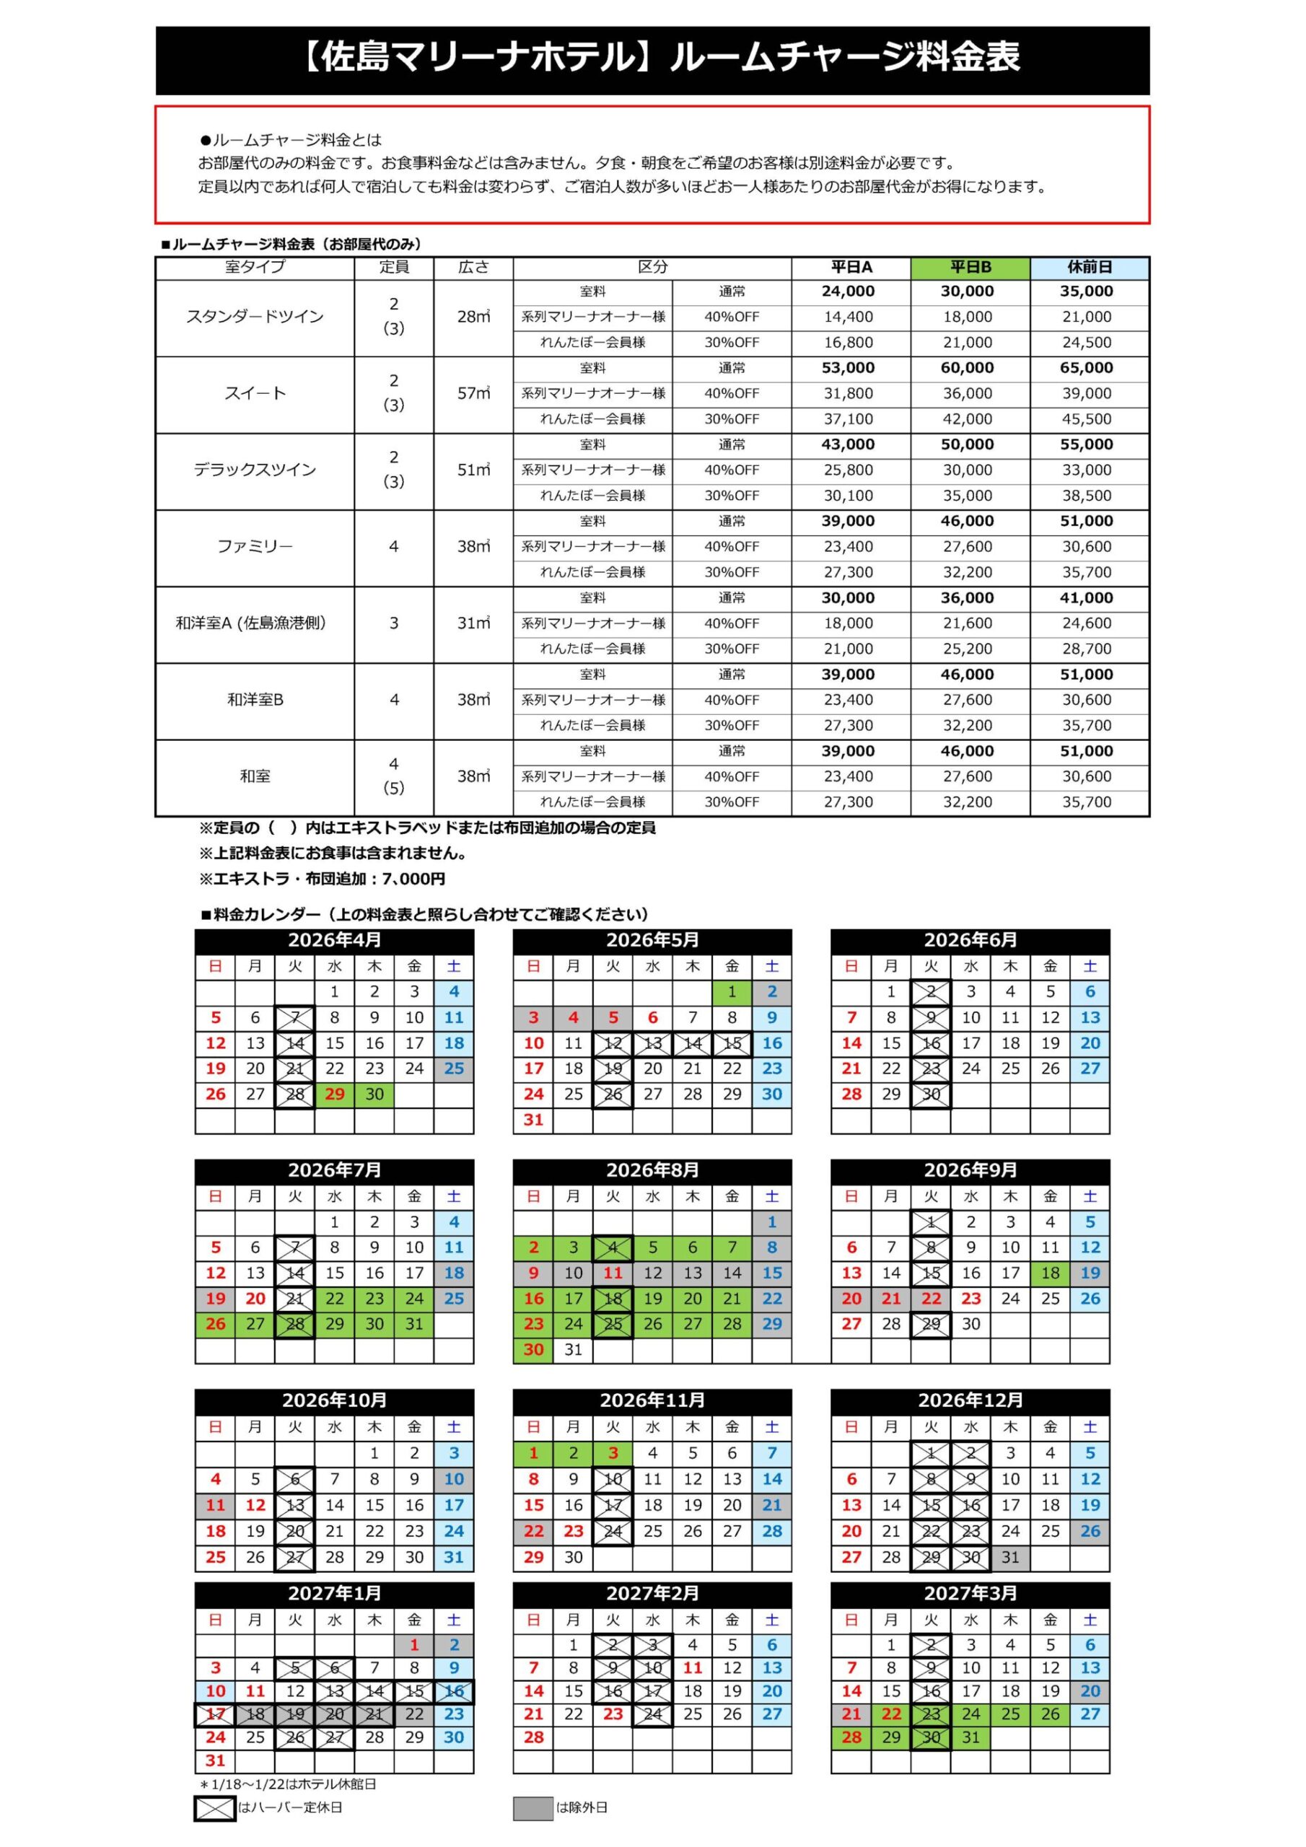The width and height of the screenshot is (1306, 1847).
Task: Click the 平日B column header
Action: click(x=970, y=268)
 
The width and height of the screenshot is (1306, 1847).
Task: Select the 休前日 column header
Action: click(x=1089, y=268)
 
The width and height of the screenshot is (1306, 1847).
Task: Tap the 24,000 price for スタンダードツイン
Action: click(x=848, y=291)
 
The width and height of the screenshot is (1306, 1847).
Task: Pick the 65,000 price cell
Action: click(x=1087, y=368)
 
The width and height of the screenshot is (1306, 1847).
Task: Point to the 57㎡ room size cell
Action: click(x=473, y=393)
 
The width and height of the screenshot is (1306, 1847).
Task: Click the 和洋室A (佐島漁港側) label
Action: click(x=251, y=623)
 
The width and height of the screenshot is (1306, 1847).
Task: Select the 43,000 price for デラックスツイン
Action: click(x=848, y=444)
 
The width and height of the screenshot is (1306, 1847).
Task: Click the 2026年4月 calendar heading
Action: click(x=334, y=939)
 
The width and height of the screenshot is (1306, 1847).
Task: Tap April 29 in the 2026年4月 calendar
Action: click(x=335, y=1094)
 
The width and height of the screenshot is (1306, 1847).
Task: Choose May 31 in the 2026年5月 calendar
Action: click(x=533, y=1120)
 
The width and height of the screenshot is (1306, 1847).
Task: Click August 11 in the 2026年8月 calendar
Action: click(x=613, y=1273)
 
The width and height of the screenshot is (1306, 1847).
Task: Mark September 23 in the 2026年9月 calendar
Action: click(x=970, y=1299)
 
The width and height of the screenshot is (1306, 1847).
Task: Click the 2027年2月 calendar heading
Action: click(x=652, y=1594)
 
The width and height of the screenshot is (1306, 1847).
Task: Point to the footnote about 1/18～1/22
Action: click(x=287, y=1784)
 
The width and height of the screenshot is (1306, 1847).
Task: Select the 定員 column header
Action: click(x=393, y=267)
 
